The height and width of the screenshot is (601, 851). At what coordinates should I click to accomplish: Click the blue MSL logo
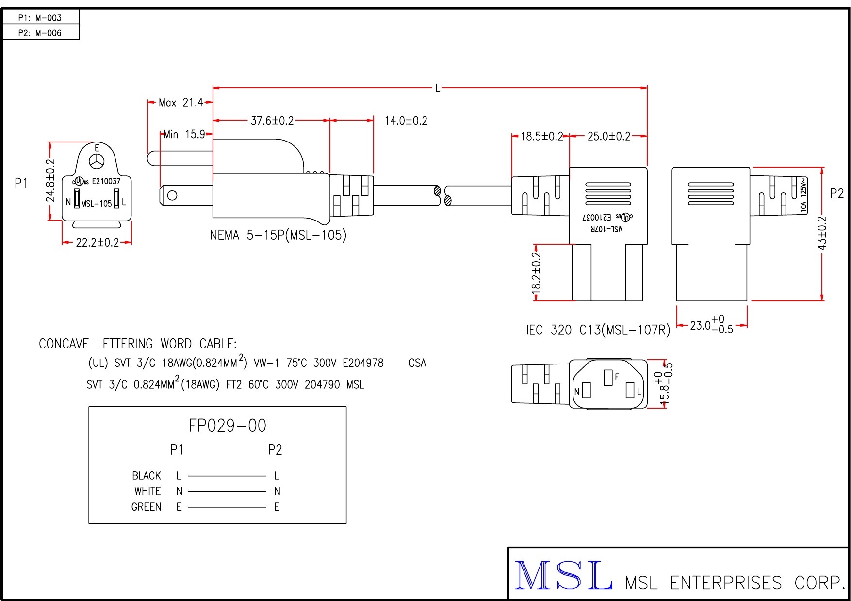(x=563, y=575)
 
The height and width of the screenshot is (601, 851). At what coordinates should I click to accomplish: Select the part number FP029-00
(x=227, y=426)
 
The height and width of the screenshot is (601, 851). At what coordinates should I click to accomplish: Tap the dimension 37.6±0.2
(x=272, y=121)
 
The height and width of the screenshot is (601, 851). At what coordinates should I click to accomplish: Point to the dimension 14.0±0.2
(x=406, y=121)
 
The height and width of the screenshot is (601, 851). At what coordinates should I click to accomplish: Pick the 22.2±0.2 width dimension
(x=97, y=242)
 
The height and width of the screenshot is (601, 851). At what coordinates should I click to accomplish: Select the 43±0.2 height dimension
(x=822, y=233)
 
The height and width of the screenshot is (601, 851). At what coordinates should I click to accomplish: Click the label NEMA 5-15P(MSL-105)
(x=278, y=236)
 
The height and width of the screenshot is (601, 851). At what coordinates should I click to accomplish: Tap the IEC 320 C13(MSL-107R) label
(x=598, y=330)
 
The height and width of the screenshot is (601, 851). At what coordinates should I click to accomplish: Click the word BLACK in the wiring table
(x=146, y=475)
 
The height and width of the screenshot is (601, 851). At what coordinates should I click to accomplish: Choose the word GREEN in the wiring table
(x=146, y=507)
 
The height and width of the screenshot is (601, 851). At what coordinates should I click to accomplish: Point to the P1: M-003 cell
(x=40, y=18)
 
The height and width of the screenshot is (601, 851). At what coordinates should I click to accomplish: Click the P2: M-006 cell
(x=40, y=33)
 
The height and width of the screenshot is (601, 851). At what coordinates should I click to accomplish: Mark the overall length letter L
(x=437, y=88)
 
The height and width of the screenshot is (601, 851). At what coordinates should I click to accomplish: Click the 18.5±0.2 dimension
(x=541, y=136)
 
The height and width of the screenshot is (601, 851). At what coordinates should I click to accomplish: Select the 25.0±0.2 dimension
(x=608, y=136)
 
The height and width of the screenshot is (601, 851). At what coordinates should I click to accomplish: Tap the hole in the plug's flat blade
(x=172, y=196)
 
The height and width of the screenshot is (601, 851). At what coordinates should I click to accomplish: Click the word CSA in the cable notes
(x=417, y=363)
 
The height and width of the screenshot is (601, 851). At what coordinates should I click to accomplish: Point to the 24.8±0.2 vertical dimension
(x=50, y=180)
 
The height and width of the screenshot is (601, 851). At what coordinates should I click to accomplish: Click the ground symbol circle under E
(x=97, y=161)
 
